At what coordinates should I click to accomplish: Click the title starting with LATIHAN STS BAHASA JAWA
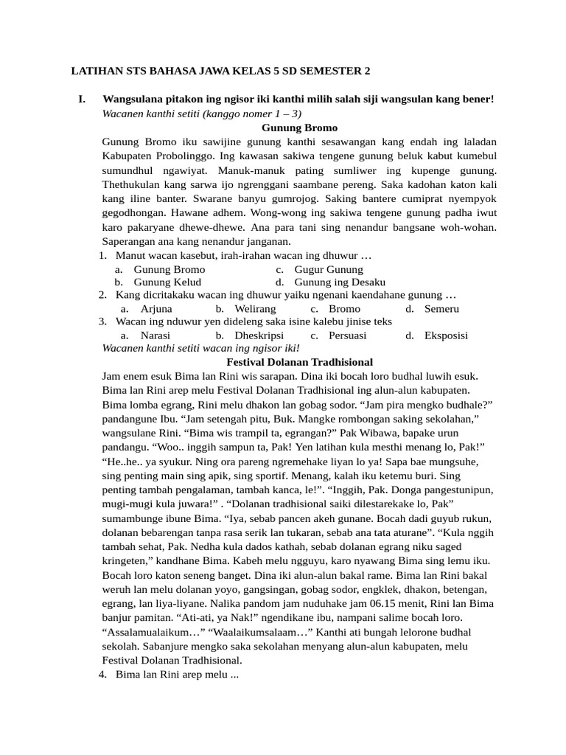[x=220, y=72]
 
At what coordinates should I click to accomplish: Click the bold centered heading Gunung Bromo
[x=298, y=128]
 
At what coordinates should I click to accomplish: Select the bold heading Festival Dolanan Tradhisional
[x=298, y=362]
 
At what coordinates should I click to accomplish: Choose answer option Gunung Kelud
[x=167, y=282]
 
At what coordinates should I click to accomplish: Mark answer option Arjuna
[x=156, y=308]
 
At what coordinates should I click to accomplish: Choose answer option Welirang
[x=255, y=308]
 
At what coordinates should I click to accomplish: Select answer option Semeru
[x=441, y=308]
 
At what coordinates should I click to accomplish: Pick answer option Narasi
[x=156, y=335]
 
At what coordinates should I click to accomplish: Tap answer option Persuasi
[x=348, y=335]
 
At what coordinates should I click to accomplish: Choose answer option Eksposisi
[x=446, y=335]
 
